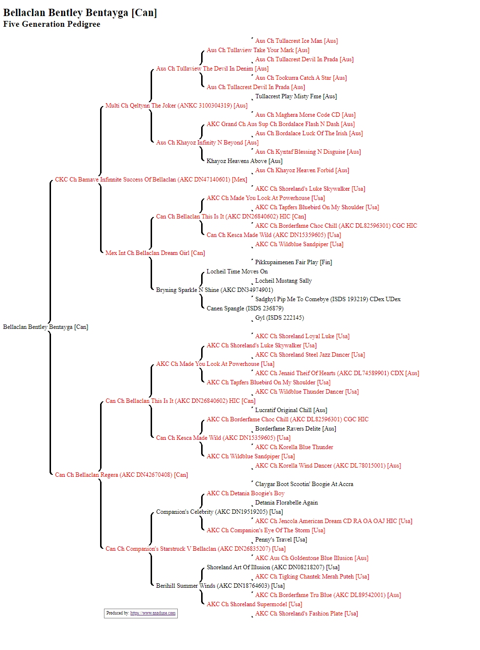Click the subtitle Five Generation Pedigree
coord(51,24)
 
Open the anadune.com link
coord(153,613)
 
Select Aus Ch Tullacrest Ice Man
coord(296,41)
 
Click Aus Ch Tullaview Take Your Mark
coord(258,50)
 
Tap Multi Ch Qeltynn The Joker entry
coord(176,106)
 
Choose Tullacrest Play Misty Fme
coord(296,96)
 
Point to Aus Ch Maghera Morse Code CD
coord(305,115)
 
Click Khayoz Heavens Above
coord(244,161)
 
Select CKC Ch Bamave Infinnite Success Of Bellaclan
coord(151,180)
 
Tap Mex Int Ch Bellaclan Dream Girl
coord(155,253)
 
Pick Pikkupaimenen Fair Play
coord(293,262)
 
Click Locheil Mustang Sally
coord(283,280)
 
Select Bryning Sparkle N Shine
coord(215,290)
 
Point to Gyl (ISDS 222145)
coord(279,317)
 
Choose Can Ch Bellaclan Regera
coord(121,474)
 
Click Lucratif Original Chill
coord(291,410)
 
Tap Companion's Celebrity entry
coord(220,511)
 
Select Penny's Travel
coord(281,539)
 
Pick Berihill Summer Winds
coord(221,585)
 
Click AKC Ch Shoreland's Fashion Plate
coord(307,613)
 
